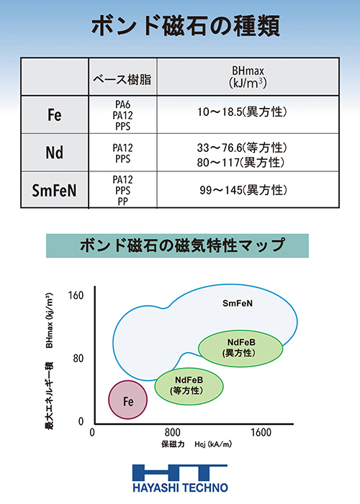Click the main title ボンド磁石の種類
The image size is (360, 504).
click(x=186, y=26)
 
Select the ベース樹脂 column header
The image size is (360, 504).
click(x=122, y=79)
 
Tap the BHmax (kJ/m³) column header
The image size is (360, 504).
click(x=248, y=77)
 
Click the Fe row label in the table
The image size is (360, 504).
click(x=54, y=114)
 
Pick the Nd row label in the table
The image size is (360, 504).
click(x=54, y=153)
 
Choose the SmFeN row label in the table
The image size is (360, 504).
click(x=54, y=190)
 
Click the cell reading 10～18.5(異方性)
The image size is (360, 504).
click(x=242, y=112)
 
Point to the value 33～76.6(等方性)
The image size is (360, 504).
click(x=242, y=148)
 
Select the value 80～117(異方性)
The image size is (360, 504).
click(x=240, y=162)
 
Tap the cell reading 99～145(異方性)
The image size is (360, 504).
click(x=243, y=190)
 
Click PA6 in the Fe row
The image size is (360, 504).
click(x=123, y=104)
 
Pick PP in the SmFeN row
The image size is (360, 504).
click(x=123, y=202)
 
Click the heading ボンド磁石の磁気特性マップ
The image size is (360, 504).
click(x=182, y=246)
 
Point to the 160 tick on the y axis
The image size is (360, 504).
click(x=76, y=295)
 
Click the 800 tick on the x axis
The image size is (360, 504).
click(x=173, y=432)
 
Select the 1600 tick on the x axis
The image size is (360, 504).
click(x=261, y=432)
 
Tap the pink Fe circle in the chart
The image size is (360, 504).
click(x=127, y=400)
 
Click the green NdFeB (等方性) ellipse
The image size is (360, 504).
click(x=189, y=386)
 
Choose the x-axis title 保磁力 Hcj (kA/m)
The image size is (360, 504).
click(x=197, y=444)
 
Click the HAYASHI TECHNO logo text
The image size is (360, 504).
click(x=180, y=487)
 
